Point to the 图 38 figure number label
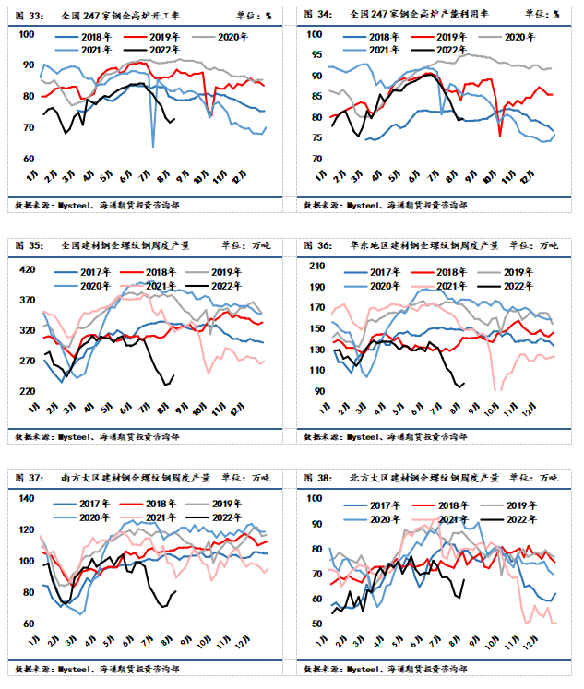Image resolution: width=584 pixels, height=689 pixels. point(320,478)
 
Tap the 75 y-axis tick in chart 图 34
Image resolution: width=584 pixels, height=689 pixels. point(316,138)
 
